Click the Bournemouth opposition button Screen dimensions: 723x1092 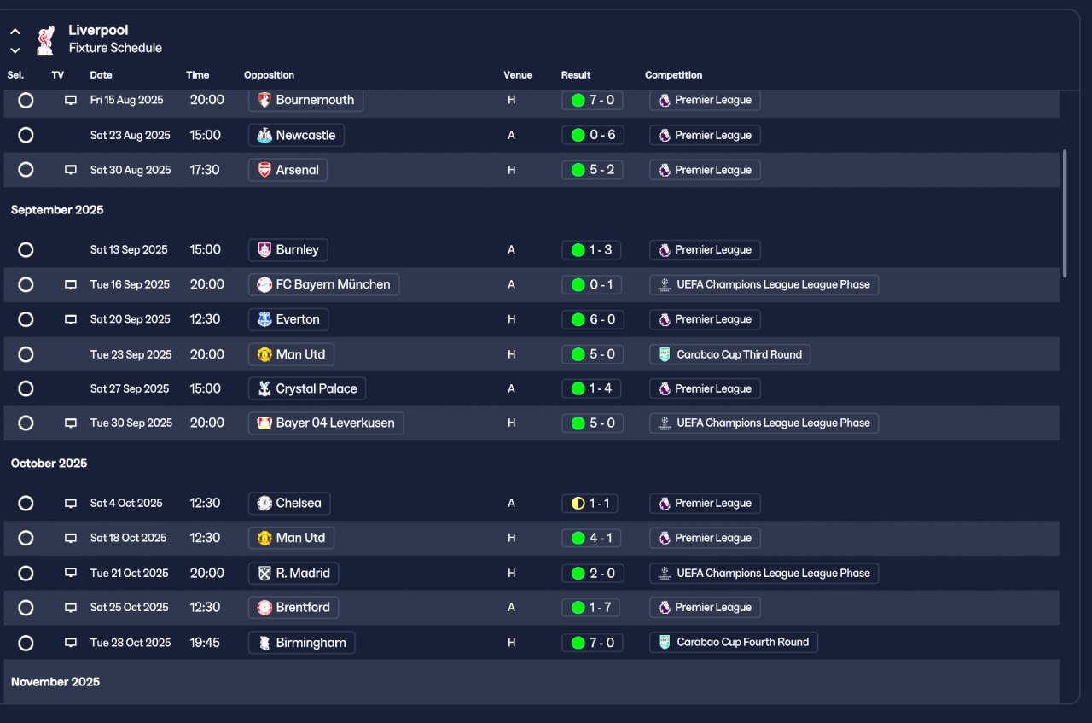(306, 100)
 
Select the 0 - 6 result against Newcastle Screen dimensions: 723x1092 (592, 135)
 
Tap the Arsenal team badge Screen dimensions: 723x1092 (264, 170)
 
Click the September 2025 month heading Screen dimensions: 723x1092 (57, 210)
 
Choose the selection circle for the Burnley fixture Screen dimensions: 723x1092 (26, 250)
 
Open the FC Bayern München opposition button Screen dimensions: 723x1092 (323, 284)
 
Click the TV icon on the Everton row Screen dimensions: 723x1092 (71, 319)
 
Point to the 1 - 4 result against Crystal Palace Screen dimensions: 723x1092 (592, 388)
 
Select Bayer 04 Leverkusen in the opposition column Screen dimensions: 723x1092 (326, 423)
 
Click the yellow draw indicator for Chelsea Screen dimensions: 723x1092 (578, 504)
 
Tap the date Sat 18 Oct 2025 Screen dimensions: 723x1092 (129, 538)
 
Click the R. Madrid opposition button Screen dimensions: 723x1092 (293, 573)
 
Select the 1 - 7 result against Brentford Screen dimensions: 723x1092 (592, 608)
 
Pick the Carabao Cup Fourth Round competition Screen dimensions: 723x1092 (734, 642)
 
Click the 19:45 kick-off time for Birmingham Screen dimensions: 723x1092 (205, 642)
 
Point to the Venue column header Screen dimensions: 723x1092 (518, 75)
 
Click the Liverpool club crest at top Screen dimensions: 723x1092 (45, 39)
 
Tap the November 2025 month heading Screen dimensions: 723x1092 (55, 682)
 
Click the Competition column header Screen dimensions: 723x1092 (673, 75)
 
